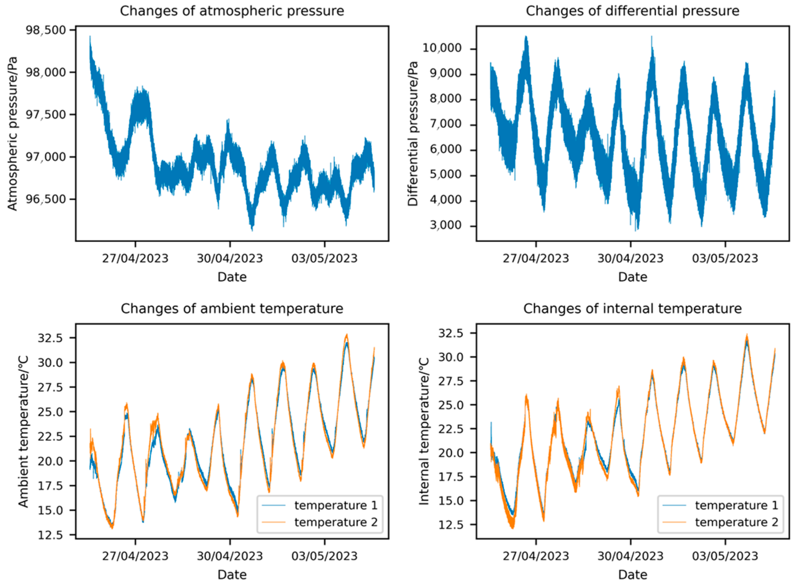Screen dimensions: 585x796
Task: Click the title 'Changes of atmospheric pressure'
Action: pos(232,11)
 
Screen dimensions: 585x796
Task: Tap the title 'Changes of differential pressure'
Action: pos(632,11)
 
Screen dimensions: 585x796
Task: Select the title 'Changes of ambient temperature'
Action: pos(232,308)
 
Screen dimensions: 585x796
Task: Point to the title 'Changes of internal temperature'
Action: pos(632,308)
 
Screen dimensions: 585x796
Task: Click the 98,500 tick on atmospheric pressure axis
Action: pos(46,30)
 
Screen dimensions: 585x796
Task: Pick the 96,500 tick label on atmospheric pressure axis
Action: pos(46,199)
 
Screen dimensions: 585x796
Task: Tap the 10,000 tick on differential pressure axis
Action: pos(447,48)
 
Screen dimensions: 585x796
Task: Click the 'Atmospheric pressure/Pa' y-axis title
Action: pos(12,134)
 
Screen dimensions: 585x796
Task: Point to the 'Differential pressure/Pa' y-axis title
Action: pos(413,134)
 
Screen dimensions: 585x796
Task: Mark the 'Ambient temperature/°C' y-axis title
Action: pos(23,432)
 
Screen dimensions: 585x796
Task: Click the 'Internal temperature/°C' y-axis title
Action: pos(424,432)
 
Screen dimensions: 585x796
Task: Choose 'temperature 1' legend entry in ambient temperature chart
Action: pos(336,505)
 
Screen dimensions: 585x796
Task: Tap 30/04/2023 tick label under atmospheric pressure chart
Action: pos(230,258)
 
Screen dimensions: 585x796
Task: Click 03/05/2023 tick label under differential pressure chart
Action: pos(725,258)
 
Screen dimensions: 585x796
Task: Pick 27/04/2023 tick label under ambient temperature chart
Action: pos(135,556)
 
